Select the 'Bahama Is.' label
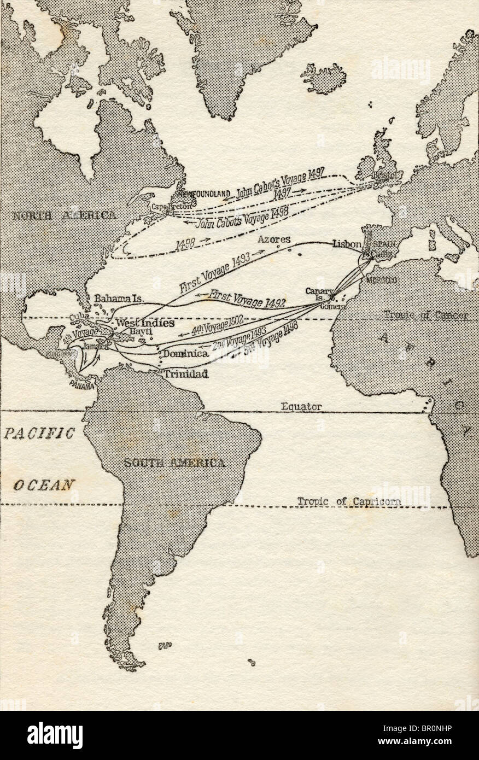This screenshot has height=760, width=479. tap(119, 299)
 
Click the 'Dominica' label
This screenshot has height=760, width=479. tap(186, 354)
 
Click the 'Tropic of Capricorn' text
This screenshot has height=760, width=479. tap(349, 501)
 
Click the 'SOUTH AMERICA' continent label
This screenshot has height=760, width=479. tap(174, 463)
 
